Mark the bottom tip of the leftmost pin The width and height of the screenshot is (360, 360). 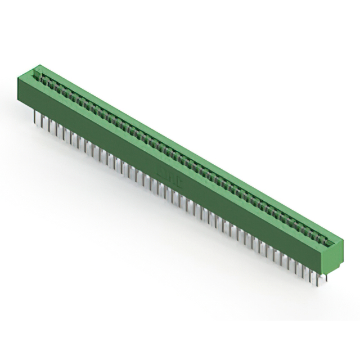click(34, 122)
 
